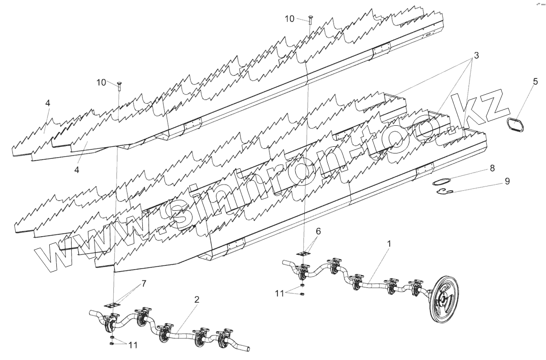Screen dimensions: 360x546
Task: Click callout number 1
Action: pyautogui.click(x=389, y=244)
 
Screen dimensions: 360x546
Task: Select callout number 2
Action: pyautogui.click(x=196, y=300)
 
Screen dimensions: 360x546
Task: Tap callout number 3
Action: pyautogui.click(x=476, y=55)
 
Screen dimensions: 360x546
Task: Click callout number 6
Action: pyautogui.click(x=319, y=231)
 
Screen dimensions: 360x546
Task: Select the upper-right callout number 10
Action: pyautogui.click(x=290, y=19)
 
